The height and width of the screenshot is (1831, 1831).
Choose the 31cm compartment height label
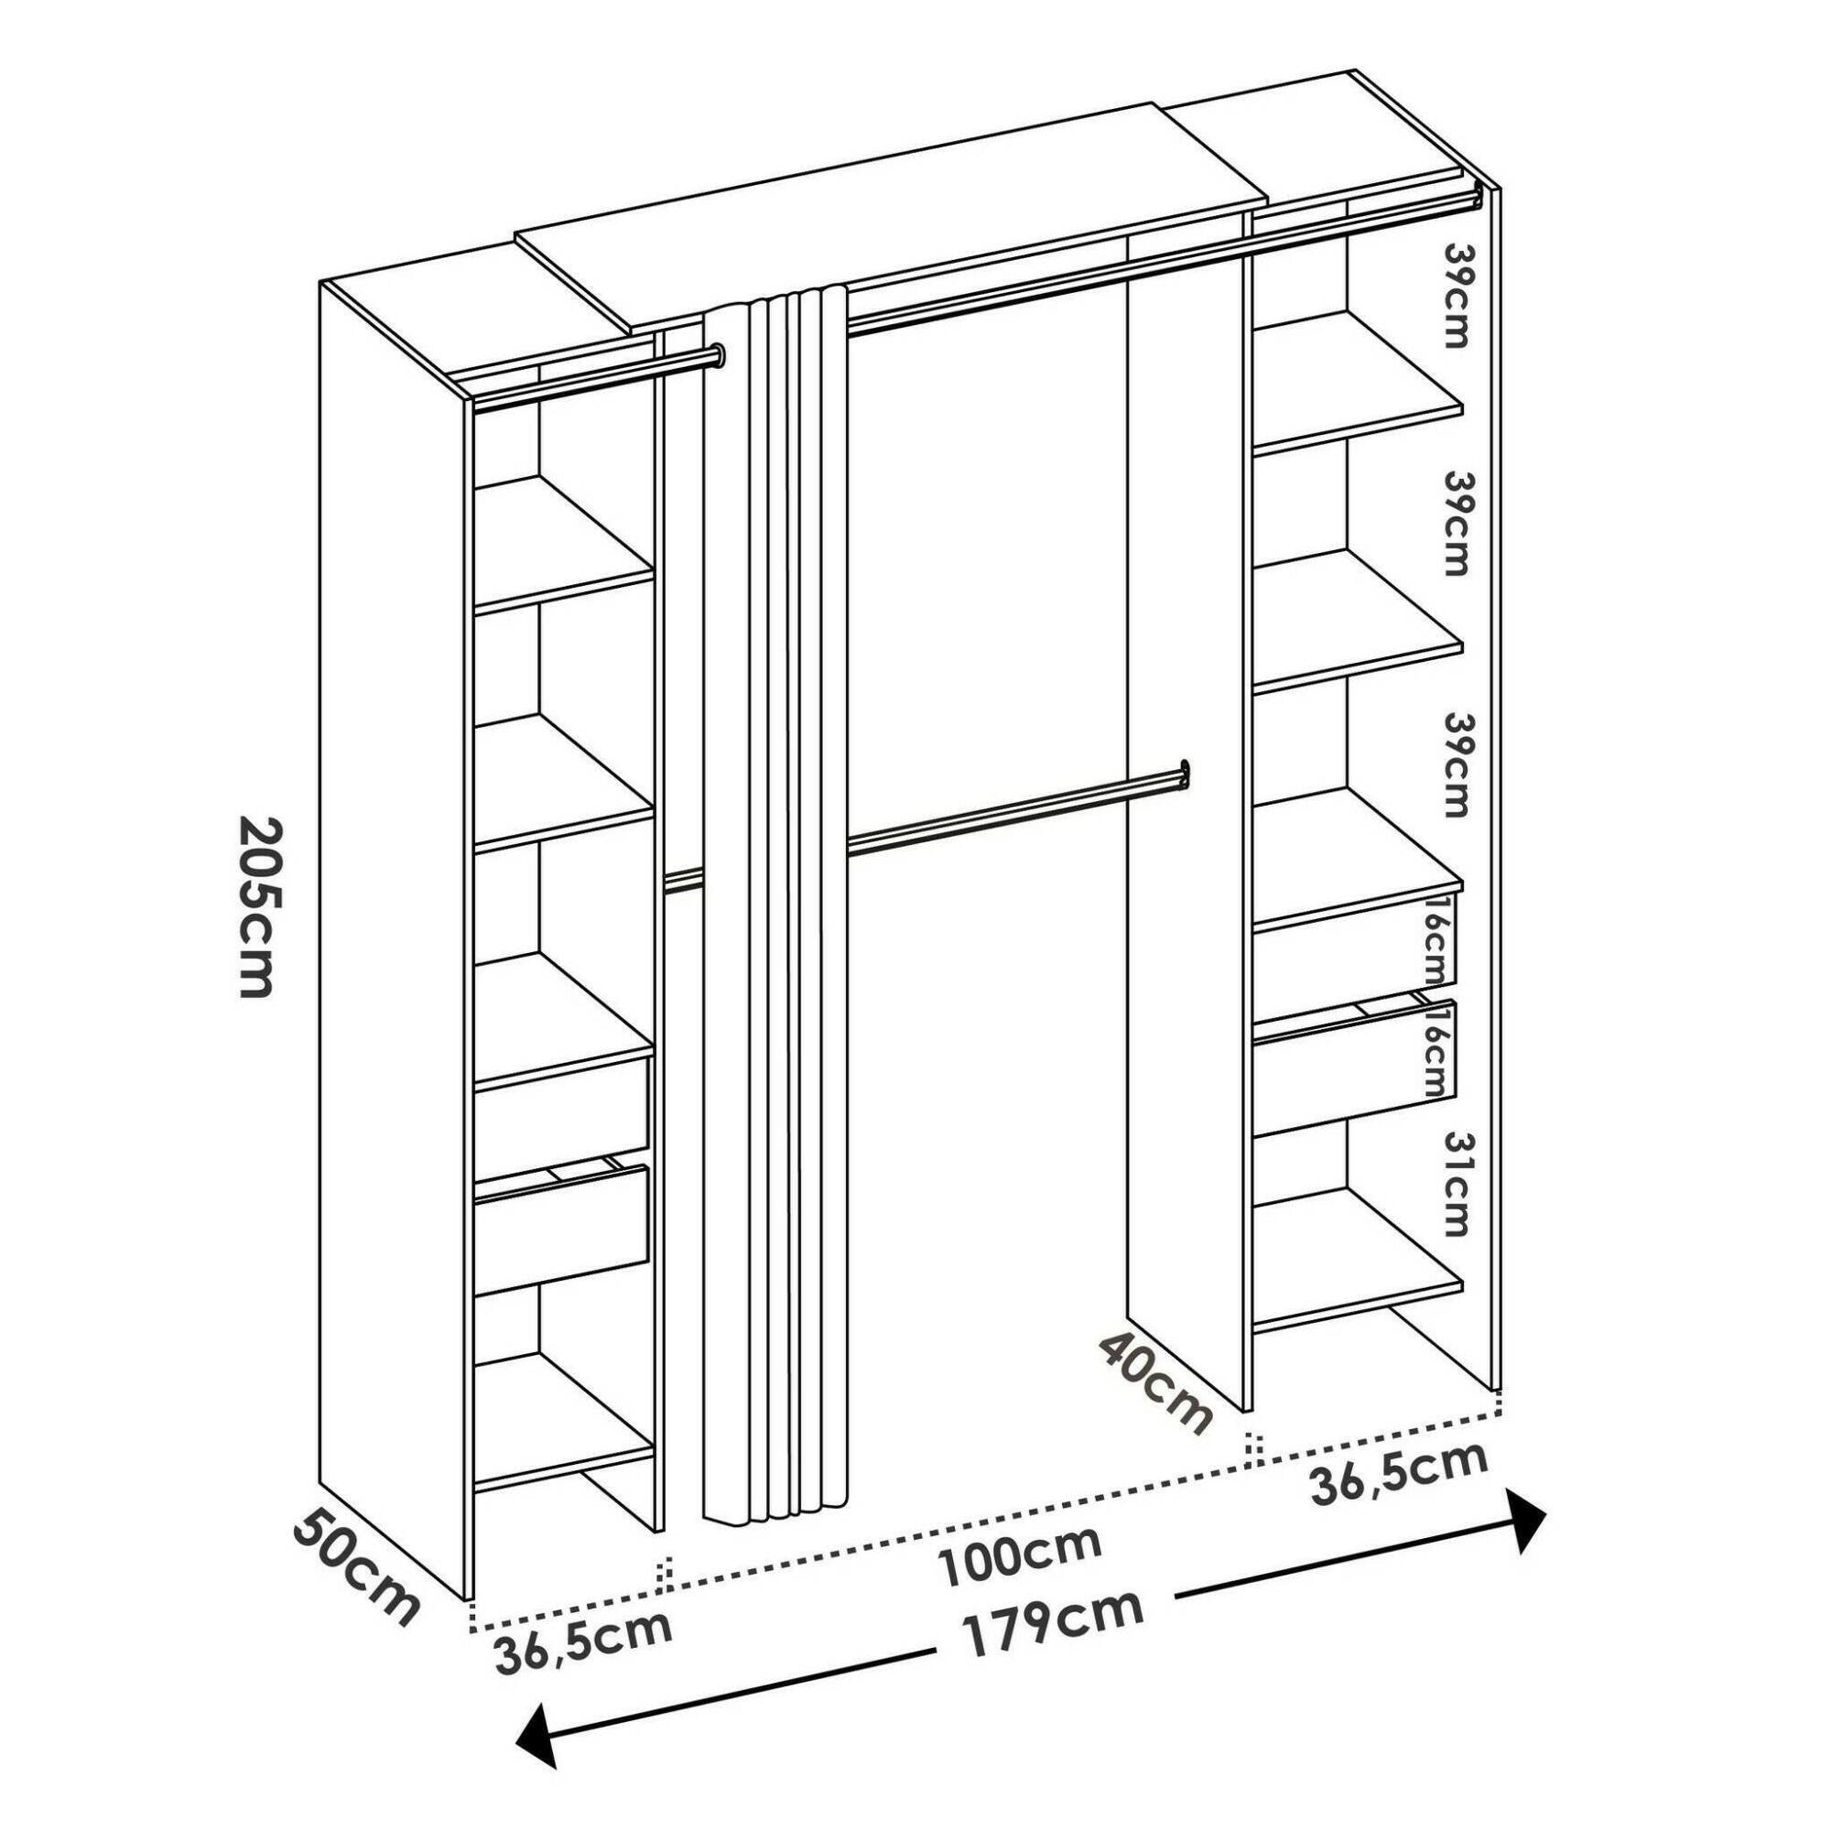[x=1452, y=1185]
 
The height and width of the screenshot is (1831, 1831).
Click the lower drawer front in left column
[x=561, y=1230]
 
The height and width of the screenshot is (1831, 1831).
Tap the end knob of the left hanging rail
[x=720, y=355]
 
